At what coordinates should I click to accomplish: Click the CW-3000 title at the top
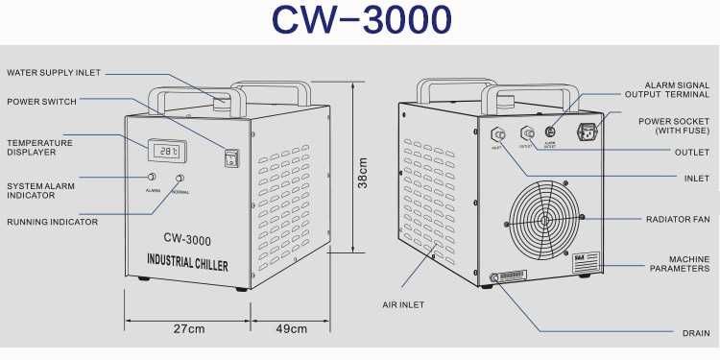click(x=360, y=21)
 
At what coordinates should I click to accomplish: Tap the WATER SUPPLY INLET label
click(x=54, y=73)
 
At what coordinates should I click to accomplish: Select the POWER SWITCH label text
click(x=41, y=102)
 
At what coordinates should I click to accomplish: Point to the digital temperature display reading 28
click(x=169, y=151)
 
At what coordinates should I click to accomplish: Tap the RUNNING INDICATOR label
click(x=53, y=222)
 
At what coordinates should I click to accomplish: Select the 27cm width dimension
click(x=188, y=329)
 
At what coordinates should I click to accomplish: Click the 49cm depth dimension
click(x=291, y=329)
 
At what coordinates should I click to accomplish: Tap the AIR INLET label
click(x=403, y=304)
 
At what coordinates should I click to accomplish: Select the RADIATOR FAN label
click(x=678, y=219)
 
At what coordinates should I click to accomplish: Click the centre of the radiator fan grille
click(x=544, y=220)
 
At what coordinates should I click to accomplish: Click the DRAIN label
click(x=696, y=333)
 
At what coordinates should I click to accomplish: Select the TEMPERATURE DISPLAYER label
click(x=39, y=148)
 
